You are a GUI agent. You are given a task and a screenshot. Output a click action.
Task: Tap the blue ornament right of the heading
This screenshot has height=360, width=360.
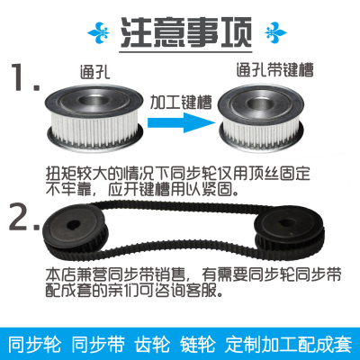pos(260,34)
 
